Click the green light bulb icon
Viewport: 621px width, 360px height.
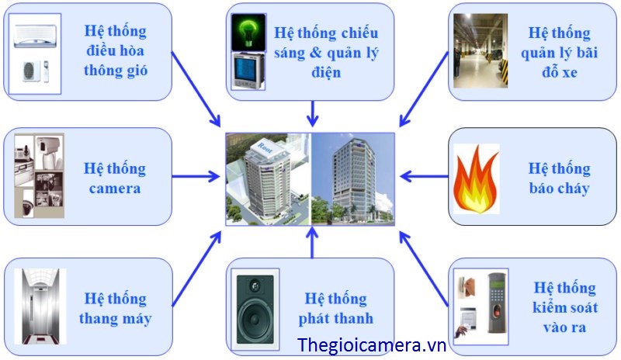[248, 33]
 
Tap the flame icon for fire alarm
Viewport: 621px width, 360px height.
[476, 179]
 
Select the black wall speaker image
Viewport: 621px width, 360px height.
[255, 310]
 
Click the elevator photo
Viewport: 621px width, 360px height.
[40, 306]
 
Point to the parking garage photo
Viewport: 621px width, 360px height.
[480, 50]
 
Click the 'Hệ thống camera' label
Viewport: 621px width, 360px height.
[115, 178]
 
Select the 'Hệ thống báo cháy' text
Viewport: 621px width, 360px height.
[559, 178]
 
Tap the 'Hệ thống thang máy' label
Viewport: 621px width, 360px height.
[115, 308]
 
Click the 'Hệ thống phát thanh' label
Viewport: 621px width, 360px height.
[336, 308]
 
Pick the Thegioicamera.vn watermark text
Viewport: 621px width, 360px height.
[372, 345]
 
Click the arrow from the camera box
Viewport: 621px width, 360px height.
[196, 176]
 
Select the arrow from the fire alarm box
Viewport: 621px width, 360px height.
[424, 176]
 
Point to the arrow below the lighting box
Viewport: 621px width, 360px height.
[313, 113]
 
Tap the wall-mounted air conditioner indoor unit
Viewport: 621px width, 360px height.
[35, 36]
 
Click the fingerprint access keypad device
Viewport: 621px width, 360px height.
[497, 308]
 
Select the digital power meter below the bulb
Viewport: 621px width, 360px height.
[248, 71]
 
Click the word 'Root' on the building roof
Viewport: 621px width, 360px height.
[264, 147]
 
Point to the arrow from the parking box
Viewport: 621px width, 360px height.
[424, 89]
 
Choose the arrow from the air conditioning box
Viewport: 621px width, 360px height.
[196, 89]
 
